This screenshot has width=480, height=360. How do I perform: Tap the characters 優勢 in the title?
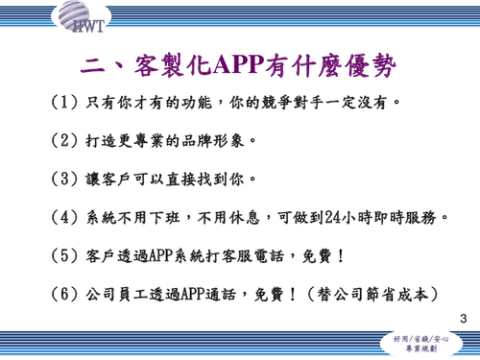pyautogui.click(x=364, y=64)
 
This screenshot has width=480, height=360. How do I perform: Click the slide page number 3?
pyautogui.click(x=464, y=318)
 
